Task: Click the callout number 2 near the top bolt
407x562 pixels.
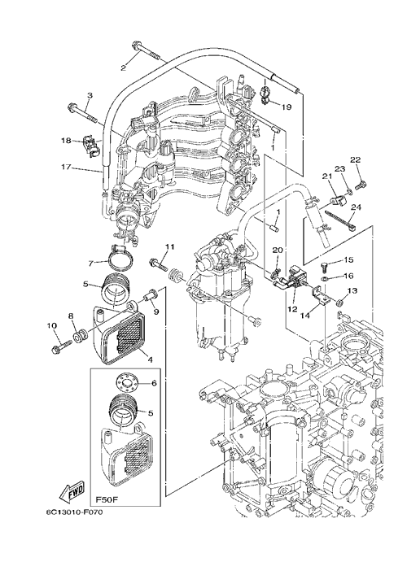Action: [x=124, y=68]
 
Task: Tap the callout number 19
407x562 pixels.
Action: [x=287, y=107]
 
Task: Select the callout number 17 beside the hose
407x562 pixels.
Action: [x=66, y=167]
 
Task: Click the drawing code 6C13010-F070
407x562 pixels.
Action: [x=74, y=512]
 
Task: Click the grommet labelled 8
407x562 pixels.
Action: [x=80, y=336]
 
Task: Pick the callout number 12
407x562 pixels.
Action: [x=292, y=309]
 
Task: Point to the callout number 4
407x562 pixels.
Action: [x=150, y=359]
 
